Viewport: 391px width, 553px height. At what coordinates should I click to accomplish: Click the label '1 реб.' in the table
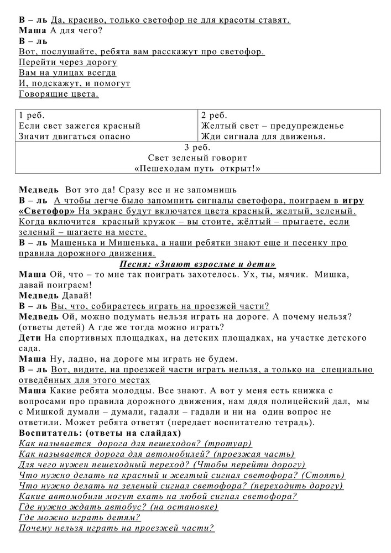[x=32, y=116]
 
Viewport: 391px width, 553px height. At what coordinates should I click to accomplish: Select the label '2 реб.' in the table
[x=214, y=116]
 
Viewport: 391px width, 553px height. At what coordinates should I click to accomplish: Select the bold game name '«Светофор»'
[x=46, y=211]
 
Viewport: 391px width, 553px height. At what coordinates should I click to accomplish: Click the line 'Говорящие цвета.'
[x=59, y=94]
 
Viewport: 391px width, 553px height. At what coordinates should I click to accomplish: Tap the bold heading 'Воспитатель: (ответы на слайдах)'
[x=100, y=433]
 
